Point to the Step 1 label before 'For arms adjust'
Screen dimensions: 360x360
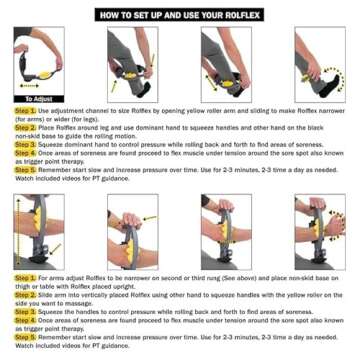(25, 277)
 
